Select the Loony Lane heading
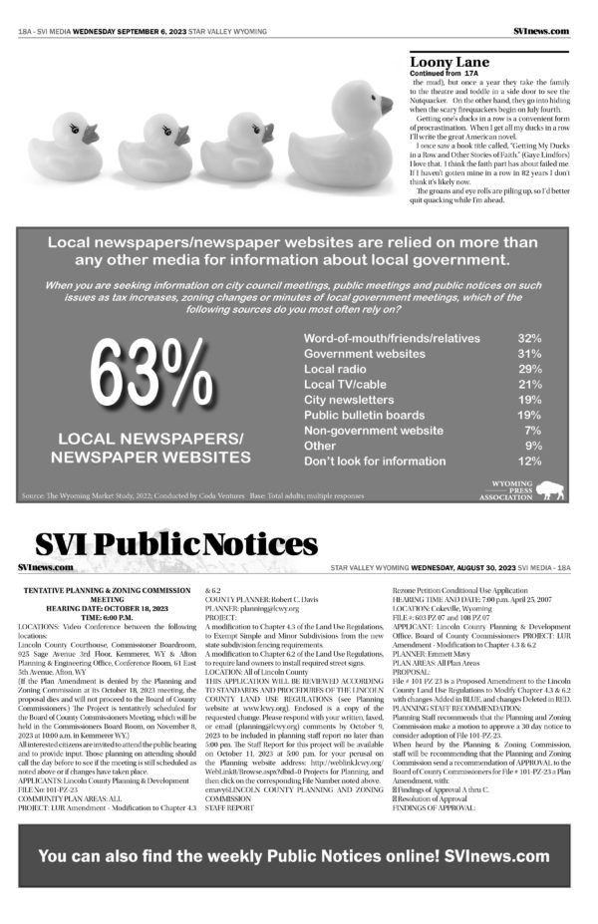(x=444, y=61)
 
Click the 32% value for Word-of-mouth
(x=529, y=338)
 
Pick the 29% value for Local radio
(x=529, y=369)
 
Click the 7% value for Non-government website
(x=532, y=431)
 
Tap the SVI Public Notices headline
(x=176, y=543)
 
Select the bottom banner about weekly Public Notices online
(x=293, y=855)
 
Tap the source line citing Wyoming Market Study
(x=189, y=495)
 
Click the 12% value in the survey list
(x=529, y=462)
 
